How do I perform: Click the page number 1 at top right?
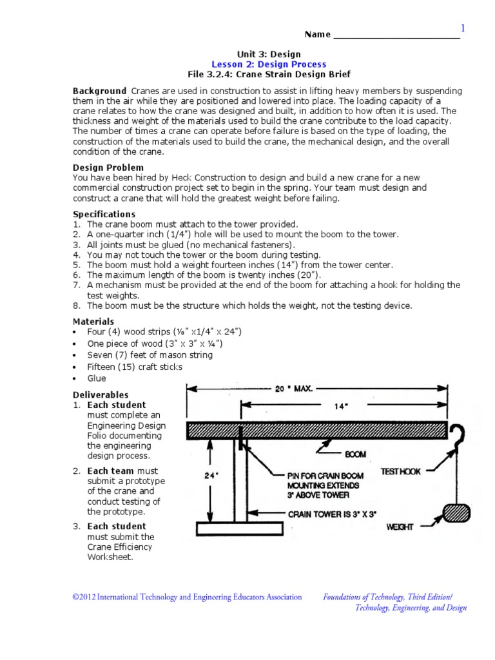click(x=461, y=28)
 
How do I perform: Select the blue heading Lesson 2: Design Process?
click(x=269, y=64)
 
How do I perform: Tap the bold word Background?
click(x=99, y=91)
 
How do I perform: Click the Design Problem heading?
click(x=108, y=167)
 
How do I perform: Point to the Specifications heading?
click(x=104, y=214)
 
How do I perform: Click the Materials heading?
click(x=93, y=321)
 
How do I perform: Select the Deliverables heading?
click(x=100, y=394)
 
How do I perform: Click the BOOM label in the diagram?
click(x=355, y=454)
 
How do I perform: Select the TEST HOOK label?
click(x=400, y=472)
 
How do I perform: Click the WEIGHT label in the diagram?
click(x=400, y=527)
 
